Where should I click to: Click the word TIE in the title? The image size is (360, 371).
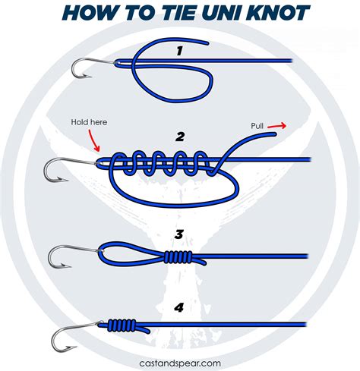pyautogui.click(x=160, y=14)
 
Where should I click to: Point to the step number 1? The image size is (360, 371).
pyautogui.click(x=179, y=52)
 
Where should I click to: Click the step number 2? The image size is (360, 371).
pyautogui.click(x=180, y=137)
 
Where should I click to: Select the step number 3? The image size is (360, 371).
pyautogui.click(x=180, y=235)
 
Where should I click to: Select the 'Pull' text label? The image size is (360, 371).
pyautogui.click(x=261, y=124)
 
